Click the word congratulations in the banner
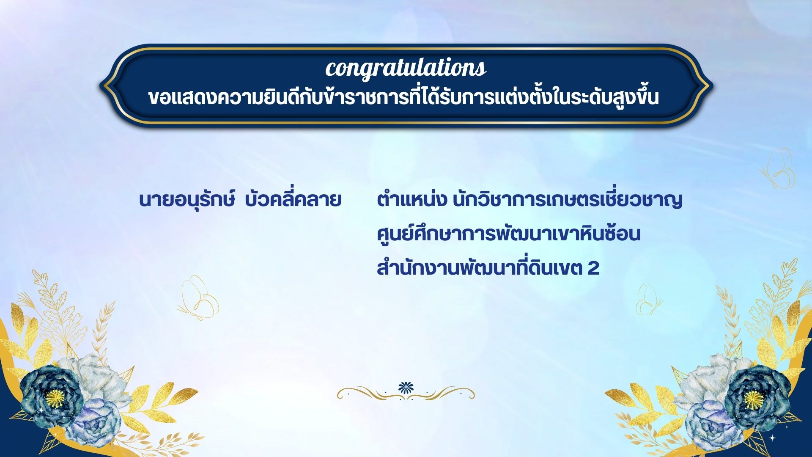coord(406,69)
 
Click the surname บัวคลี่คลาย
coord(293,199)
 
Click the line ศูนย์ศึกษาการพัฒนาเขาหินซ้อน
coord(508,234)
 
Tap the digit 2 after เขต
coord(593,268)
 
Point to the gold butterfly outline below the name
coord(199,298)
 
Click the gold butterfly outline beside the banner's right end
coord(779,168)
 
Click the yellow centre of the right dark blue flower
coord(753,398)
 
